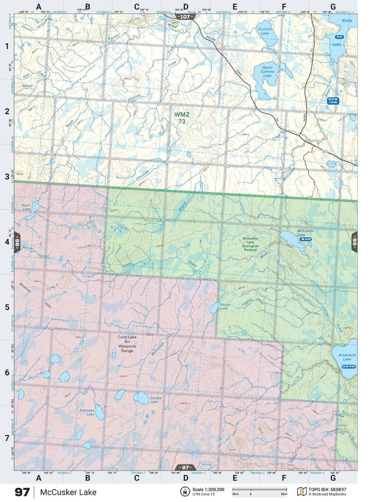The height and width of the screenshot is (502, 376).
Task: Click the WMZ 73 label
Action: pos(182,118)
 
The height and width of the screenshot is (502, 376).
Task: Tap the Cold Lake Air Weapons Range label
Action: pos(127,344)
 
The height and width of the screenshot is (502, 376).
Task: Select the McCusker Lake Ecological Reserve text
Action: pos(250,244)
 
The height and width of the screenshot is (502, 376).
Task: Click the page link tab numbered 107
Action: pos(185,17)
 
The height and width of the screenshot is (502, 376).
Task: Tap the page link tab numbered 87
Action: pos(185,468)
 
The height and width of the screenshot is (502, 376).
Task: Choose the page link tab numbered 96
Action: pos(17,242)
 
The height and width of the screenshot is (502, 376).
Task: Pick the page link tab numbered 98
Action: pos(354,242)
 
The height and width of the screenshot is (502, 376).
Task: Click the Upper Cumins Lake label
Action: pos(267,71)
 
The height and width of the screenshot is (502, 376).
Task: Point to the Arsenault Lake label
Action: pos(347,357)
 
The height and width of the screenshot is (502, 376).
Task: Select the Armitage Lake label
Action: pos(87,412)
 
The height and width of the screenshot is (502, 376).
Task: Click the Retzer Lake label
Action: pos(225,307)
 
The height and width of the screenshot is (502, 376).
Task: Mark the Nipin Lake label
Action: pos(26,207)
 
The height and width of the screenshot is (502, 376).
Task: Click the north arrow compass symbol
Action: pos(185,491)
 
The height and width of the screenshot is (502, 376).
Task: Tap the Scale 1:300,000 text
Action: pos(208,490)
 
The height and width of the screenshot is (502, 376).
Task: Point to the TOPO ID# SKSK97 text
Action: pos(327,490)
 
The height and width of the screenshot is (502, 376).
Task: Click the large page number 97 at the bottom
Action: pos(22,492)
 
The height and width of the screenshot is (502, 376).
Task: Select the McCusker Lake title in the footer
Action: pos(68,492)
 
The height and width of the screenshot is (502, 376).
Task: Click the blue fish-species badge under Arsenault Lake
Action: pos(349,367)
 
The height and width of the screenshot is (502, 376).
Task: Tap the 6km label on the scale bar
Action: pos(284,494)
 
